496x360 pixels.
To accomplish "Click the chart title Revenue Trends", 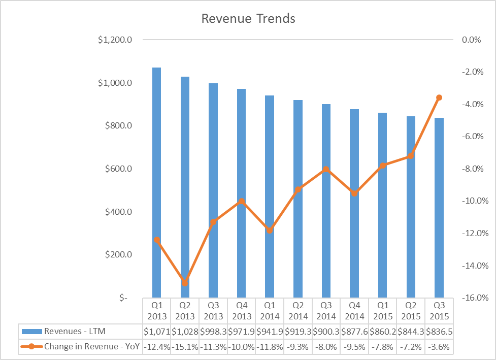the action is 248,18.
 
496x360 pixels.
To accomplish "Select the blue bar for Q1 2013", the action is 156,182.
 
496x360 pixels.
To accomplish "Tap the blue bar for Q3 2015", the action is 439,208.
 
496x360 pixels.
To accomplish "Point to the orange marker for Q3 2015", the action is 439,97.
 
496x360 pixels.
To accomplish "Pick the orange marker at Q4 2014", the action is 354,193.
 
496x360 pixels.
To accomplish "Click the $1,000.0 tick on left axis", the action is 115,83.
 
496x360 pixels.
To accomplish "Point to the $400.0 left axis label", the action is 118,212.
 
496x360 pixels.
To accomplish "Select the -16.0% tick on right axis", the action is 475,298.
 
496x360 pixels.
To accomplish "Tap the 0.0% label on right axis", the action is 471,40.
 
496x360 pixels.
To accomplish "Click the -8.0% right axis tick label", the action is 473,169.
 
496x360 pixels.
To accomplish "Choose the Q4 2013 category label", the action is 242,311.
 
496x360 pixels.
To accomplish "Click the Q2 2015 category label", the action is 411,311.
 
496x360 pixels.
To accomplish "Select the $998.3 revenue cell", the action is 213,332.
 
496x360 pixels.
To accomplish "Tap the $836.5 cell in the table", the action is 439,332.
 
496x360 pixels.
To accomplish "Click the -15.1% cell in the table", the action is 185,347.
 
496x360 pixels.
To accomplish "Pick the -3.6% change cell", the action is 439,347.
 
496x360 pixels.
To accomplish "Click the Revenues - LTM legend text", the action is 75,331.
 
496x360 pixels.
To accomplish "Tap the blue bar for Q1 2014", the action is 270,197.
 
